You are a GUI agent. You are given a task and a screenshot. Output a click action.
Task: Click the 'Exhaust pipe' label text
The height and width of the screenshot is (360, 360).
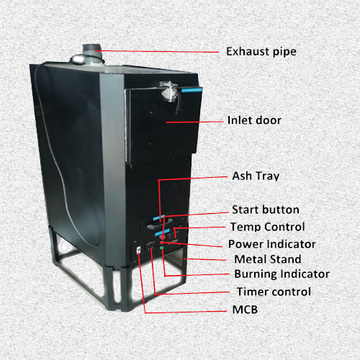tap(261, 52)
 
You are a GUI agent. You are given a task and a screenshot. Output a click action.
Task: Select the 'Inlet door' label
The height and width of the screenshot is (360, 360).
tap(254, 120)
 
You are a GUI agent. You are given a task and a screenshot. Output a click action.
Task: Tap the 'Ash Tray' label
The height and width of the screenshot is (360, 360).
tap(256, 176)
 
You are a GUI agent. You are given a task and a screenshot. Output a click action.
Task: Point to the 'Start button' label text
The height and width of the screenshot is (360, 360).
tap(266, 210)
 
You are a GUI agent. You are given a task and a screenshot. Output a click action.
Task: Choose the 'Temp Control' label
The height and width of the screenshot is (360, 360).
tap(268, 227)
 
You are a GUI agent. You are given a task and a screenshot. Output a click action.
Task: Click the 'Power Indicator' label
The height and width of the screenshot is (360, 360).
tap(272, 244)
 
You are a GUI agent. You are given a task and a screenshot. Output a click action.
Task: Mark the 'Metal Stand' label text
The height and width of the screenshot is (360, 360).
tap(268, 259)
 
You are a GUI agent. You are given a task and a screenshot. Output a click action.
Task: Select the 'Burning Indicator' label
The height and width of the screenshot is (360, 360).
tap(282, 274)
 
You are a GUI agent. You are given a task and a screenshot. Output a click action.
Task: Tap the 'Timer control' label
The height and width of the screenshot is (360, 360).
tap(274, 292)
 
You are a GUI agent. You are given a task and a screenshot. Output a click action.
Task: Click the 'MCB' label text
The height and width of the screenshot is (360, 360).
tap(245, 310)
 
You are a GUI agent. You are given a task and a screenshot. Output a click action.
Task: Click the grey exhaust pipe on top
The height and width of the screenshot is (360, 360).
tap(92, 53)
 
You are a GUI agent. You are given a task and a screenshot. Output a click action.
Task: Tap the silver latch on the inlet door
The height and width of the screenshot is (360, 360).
tap(170, 91)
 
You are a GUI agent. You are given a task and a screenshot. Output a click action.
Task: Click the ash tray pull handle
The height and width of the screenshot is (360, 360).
tap(156, 225)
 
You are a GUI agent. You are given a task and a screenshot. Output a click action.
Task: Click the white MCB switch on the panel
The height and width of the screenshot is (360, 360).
tap(139, 250)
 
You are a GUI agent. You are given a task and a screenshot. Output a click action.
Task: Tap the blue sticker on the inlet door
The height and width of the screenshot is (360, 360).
tap(192, 90)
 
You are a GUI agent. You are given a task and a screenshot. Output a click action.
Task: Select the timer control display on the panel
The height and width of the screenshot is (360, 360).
tap(151, 246)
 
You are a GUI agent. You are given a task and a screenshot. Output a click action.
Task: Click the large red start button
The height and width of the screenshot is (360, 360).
tap(163, 237)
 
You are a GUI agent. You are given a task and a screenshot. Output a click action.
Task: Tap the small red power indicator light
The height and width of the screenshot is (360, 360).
tap(162, 243)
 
